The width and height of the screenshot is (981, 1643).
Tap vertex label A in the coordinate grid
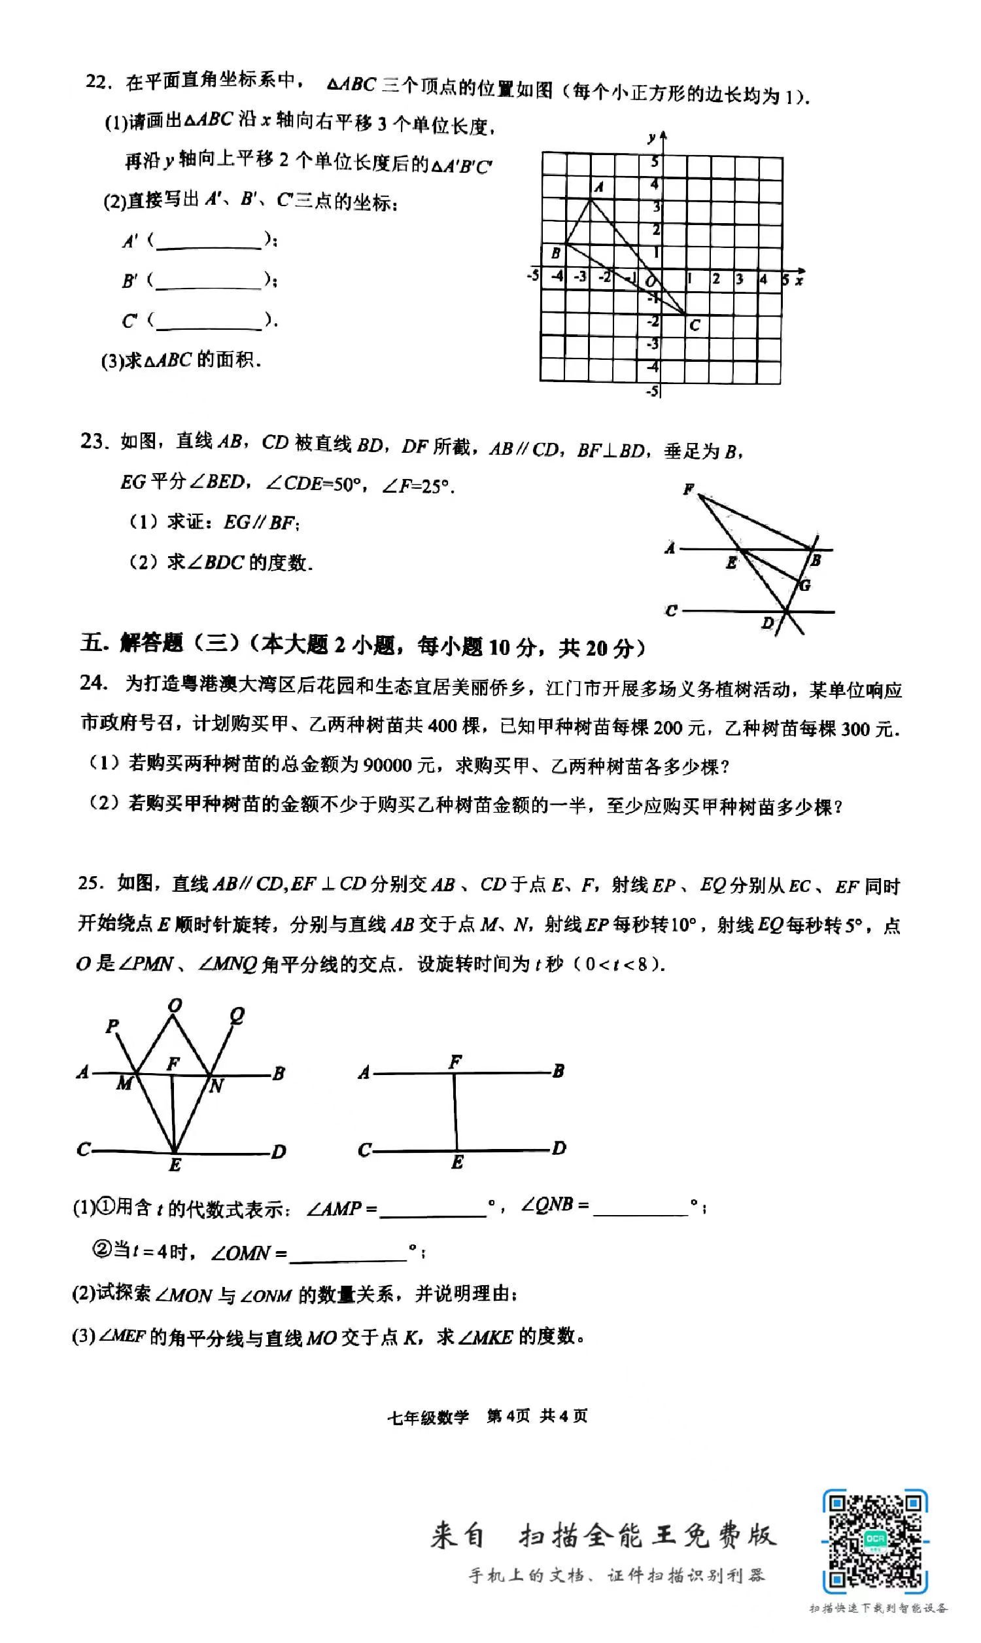tap(598, 187)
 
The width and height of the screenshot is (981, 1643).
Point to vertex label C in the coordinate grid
tap(694, 325)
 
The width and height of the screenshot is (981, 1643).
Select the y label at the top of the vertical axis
tap(652, 137)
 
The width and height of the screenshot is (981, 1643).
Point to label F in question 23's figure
tap(689, 489)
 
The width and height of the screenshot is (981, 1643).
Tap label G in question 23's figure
tap(804, 585)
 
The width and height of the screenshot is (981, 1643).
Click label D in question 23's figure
tap(768, 622)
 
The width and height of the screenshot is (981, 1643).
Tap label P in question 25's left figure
tap(112, 1025)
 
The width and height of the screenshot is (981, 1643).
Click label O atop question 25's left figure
tap(175, 1006)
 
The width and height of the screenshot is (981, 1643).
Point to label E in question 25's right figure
tap(456, 1181)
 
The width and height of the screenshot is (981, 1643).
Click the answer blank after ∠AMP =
tap(433, 1209)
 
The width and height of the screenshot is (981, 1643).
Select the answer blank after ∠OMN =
tap(347, 1254)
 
